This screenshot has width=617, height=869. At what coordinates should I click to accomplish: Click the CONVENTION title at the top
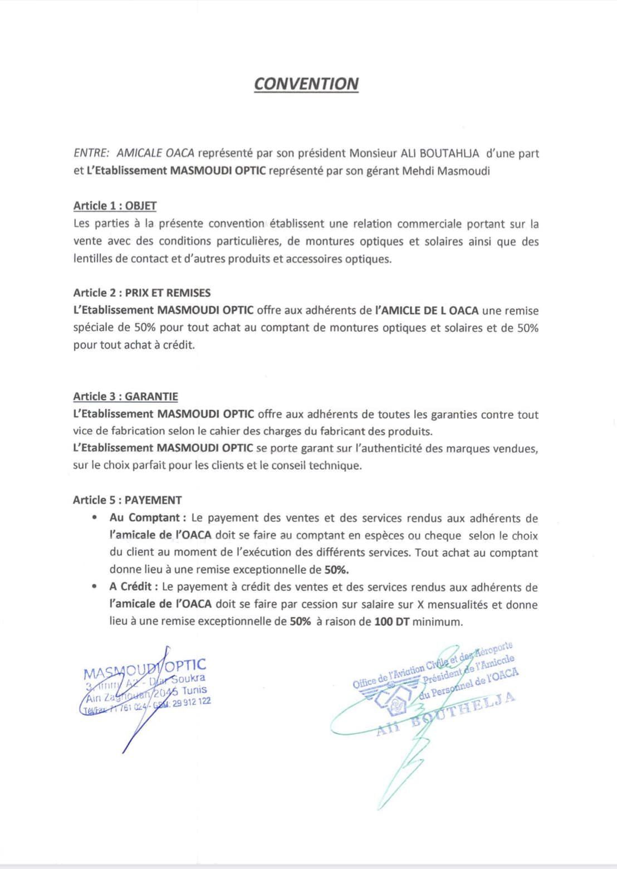pos(306,84)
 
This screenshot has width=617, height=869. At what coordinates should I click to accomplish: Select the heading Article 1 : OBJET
pos(115,206)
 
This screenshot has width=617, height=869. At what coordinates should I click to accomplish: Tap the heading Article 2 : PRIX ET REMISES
pos(142,293)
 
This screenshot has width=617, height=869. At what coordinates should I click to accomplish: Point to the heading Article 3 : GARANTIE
pos(125,397)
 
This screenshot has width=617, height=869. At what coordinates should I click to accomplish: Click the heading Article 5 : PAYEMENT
pos(127,500)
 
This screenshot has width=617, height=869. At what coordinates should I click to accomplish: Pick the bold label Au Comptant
pos(144,518)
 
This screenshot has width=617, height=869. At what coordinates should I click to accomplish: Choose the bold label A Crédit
pos(133,587)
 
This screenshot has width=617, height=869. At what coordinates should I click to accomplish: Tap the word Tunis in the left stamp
pos(194,690)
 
